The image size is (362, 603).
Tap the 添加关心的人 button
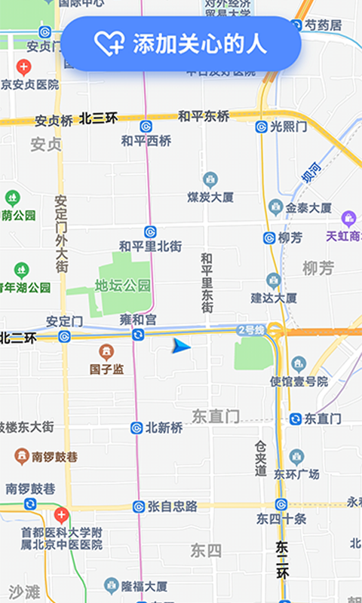tap(181, 44)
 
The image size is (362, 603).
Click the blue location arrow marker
tap(181, 346)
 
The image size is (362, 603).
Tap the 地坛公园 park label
tap(123, 286)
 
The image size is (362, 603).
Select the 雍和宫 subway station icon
tap(138, 334)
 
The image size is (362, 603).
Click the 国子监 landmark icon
tap(106, 352)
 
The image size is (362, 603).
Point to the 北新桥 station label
tap(164, 427)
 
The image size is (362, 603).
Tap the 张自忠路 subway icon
tap(139, 507)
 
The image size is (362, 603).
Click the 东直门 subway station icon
tap(295, 418)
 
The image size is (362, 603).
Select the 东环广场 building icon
tap(296, 456)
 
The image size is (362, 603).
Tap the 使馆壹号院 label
tap(299, 381)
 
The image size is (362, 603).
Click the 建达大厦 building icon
tap(273, 280)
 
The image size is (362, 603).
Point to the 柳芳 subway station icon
tap(269, 238)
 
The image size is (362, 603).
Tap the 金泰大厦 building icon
tap(275, 207)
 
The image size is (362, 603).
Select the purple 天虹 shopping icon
tap(348, 219)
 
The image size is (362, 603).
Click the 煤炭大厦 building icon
tap(210, 179)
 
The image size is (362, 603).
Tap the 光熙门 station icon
tap(261, 127)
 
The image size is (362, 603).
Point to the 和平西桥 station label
tap(146, 141)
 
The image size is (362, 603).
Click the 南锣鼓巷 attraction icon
tap(22, 457)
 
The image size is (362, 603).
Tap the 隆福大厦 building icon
tap(112, 586)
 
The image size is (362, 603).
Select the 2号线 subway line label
tap(250, 329)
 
